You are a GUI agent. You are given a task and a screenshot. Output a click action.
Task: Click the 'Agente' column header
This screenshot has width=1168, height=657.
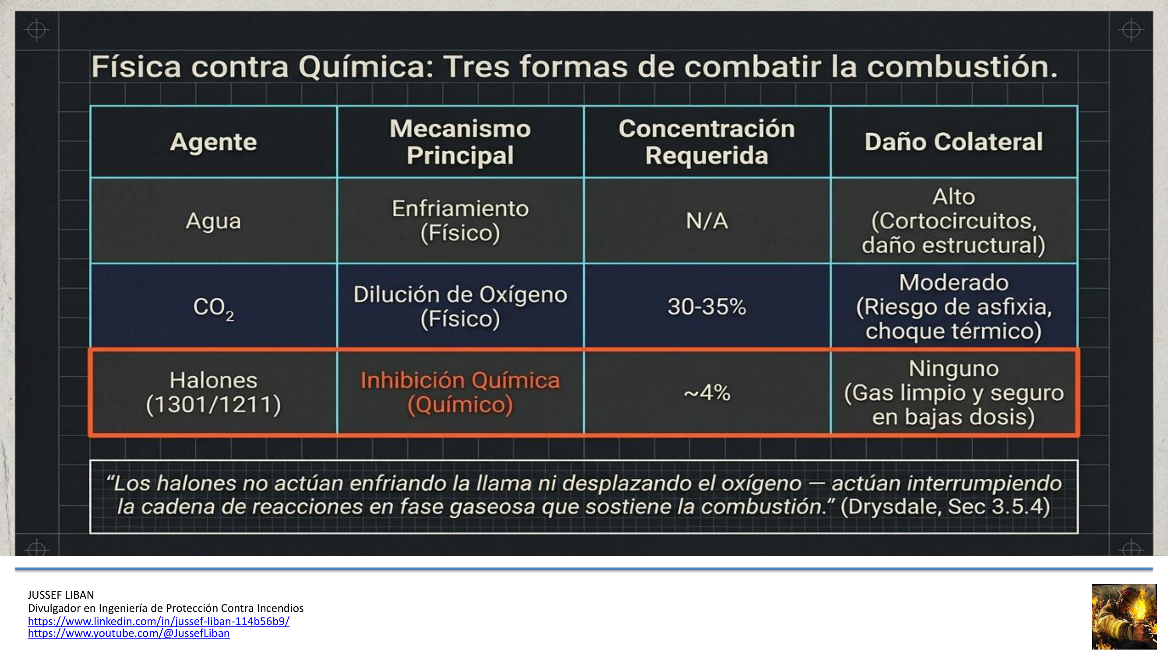214,141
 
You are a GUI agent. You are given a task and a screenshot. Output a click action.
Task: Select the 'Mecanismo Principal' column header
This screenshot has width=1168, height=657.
460,141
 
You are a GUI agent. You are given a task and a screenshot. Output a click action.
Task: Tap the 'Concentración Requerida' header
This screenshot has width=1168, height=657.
707,141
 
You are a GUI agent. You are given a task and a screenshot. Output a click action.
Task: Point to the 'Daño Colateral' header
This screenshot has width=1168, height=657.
953,141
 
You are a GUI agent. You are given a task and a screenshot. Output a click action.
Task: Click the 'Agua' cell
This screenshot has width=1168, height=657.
214,221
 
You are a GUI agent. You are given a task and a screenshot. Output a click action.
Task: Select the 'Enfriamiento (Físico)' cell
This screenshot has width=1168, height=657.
460,221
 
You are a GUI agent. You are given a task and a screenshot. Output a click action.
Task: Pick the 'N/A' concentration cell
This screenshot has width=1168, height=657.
707,221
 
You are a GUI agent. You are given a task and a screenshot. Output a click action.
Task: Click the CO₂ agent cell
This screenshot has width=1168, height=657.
214,307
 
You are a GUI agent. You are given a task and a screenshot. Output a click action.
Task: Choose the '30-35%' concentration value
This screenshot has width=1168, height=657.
707,307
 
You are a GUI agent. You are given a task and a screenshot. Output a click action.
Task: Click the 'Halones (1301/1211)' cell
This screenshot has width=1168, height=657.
214,392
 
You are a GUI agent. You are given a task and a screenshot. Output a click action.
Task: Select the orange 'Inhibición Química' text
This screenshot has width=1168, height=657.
460,380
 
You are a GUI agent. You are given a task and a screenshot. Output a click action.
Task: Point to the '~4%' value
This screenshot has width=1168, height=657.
707,392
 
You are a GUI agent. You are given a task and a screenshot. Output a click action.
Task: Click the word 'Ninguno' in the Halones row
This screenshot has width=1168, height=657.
953,368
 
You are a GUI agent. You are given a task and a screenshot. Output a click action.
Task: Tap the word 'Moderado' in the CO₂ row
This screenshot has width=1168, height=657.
953,283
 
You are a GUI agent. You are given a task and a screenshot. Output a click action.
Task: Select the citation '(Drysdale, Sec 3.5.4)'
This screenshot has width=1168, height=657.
945,507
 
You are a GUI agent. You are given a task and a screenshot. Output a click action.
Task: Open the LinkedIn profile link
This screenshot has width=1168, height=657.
159,621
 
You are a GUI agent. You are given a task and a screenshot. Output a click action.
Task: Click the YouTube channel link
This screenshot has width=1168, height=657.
129,633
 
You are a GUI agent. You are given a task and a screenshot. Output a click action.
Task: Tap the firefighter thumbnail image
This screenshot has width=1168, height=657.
1124,617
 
